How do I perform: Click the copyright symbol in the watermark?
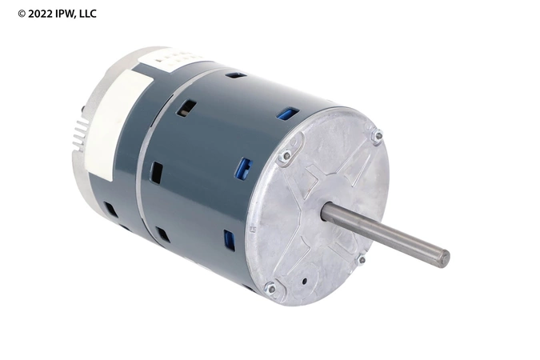click(x=22, y=14)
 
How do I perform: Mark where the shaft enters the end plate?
click(x=326, y=212)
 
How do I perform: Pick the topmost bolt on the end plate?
click(x=378, y=136)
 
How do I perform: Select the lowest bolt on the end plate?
click(x=270, y=287)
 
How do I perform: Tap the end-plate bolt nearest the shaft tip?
click(x=362, y=259)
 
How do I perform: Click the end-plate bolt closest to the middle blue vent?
click(x=284, y=158)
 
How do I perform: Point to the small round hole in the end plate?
click(x=305, y=282)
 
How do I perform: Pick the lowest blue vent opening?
click(x=230, y=240)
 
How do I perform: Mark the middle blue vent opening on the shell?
click(x=243, y=168)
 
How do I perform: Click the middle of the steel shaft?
click(x=384, y=234)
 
